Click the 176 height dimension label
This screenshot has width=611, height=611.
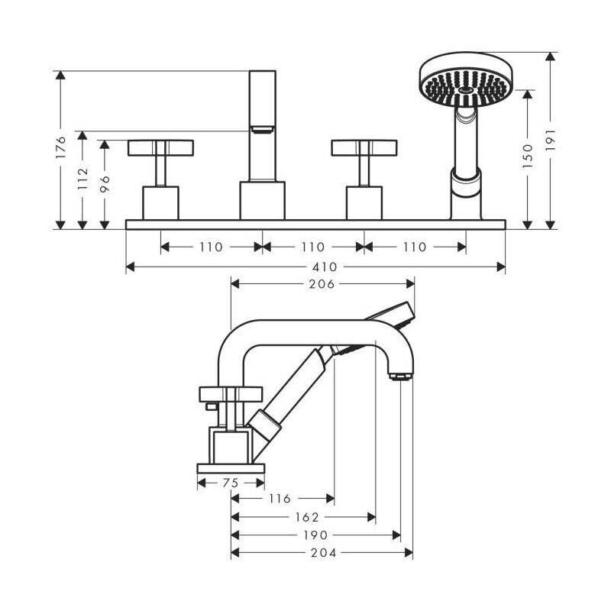(x=60, y=147)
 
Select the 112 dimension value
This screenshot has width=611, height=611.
(x=82, y=179)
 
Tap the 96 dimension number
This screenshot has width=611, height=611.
(x=105, y=184)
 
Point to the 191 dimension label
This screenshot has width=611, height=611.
(x=550, y=140)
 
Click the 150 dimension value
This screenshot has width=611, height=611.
(x=527, y=156)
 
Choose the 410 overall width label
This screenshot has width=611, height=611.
(x=325, y=267)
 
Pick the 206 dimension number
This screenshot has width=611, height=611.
(x=322, y=284)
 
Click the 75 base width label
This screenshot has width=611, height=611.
(x=231, y=483)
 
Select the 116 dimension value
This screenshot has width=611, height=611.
(x=280, y=499)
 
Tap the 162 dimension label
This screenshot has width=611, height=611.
(x=307, y=517)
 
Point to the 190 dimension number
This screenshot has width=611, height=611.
(x=315, y=535)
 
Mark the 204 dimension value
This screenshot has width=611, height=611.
(x=323, y=552)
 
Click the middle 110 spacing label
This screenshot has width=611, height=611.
(x=313, y=247)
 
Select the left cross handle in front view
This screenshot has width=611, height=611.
(x=160, y=148)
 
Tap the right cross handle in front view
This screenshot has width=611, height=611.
(x=364, y=148)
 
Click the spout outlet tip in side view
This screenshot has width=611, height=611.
(x=400, y=377)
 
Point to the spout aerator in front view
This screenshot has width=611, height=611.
(x=262, y=130)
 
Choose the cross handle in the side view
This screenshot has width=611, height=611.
(x=231, y=394)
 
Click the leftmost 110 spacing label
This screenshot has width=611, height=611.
(x=211, y=247)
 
